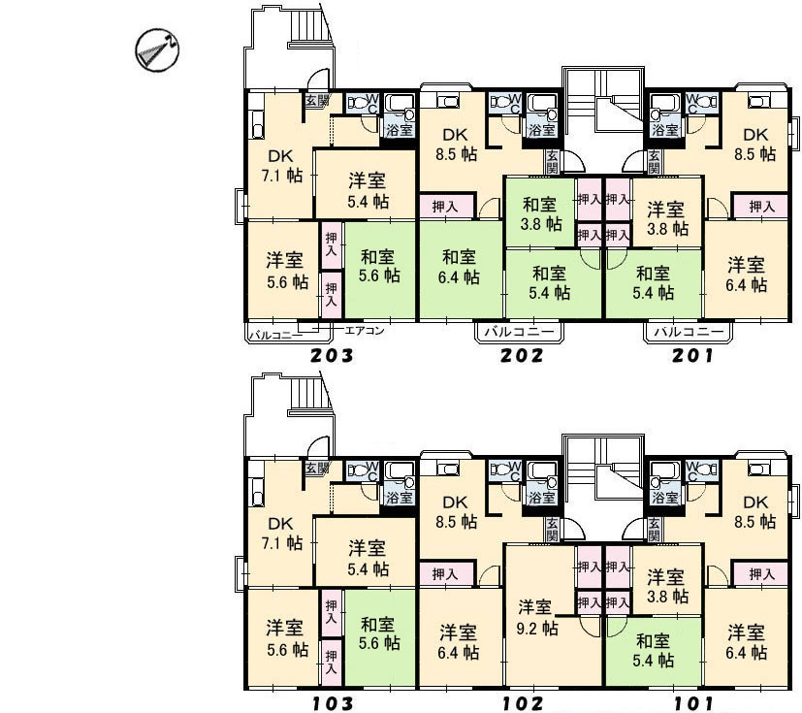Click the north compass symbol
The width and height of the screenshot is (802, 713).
tap(157, 50)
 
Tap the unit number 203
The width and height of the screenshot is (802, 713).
tap(332, 355)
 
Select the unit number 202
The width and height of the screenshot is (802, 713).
tap(522, 355)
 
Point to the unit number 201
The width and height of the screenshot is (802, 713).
tap(692, 355)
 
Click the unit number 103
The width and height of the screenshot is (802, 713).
tap(332, 703)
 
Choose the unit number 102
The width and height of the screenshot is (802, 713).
tap(522, 703)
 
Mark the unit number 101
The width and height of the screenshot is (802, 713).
tap(692, 703)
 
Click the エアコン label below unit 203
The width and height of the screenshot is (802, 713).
tap(365, 331)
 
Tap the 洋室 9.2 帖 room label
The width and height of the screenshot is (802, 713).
tap(536, 617)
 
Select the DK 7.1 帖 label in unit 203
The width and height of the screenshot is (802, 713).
tap(282, 165)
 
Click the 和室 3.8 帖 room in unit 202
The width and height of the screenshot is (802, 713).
tap(541, 213)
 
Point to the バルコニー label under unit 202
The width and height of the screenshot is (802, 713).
tap(519, 332)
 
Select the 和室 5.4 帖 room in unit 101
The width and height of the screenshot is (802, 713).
tap(654, 651)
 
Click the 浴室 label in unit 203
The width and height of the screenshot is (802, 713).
tap(400, 129)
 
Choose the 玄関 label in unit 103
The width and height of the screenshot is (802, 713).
tap(316, 468)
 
